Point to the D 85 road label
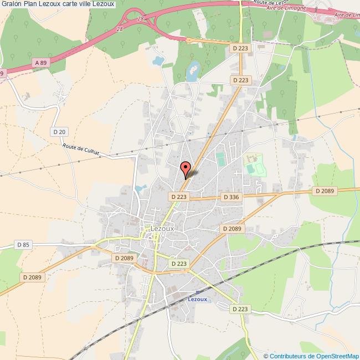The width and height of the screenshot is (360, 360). click(x=23, y=244)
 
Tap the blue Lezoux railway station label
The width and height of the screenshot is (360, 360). click(x=198, y=299)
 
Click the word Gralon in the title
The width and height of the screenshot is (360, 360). click(x=12, y=4)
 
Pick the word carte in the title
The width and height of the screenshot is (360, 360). click(x=72, y=4)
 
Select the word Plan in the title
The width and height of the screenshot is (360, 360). click(x=33, y=4)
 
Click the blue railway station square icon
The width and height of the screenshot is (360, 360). click(x=198, y=292)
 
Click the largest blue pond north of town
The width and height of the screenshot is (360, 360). click(x=193, y=70)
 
